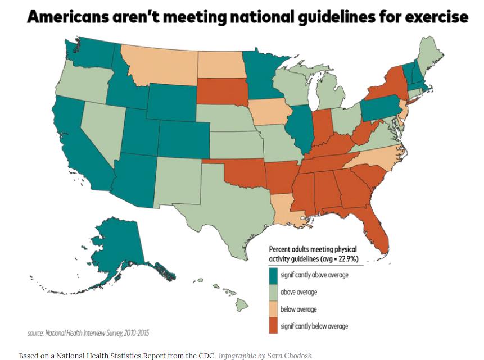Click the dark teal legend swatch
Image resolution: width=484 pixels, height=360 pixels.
(273, 276)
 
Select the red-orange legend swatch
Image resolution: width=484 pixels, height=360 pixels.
(273, 326)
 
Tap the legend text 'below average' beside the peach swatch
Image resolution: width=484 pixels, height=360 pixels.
(298, 309)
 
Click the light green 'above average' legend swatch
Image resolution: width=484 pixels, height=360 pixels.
(273, 293)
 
